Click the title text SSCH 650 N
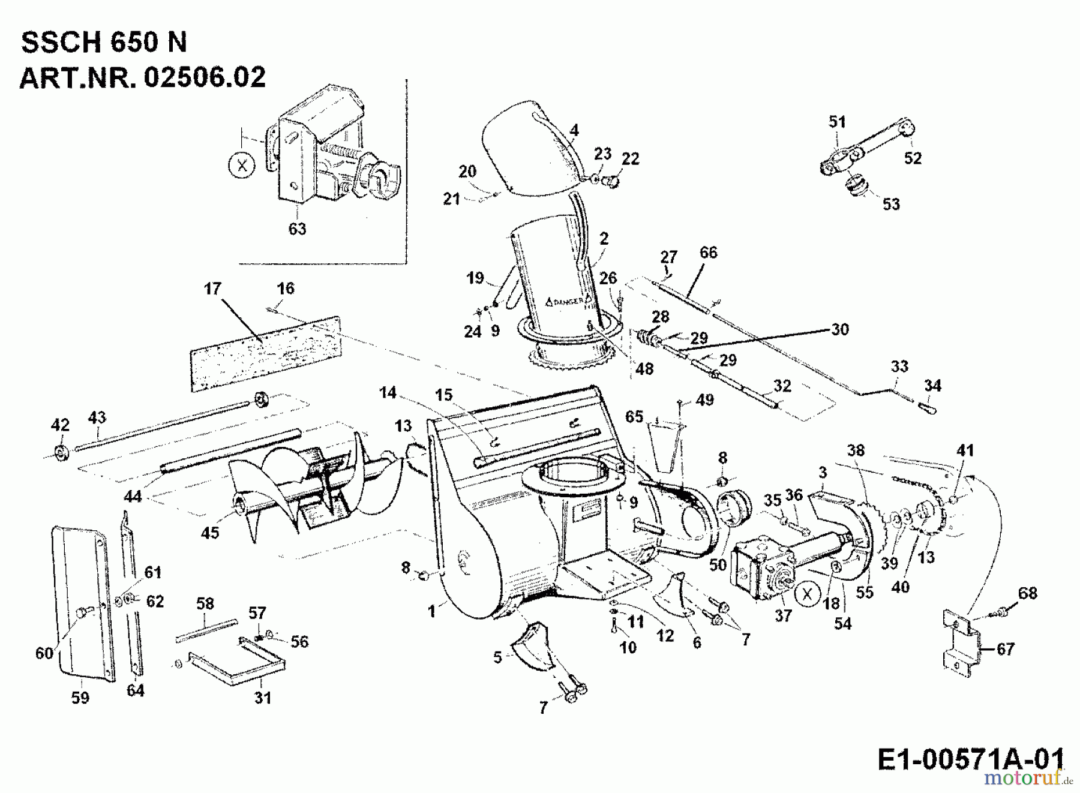(104, 43)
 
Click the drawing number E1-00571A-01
(970, 759)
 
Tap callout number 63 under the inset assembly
(297, 229)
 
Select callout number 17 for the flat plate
(212, 289)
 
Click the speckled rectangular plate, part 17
(265, 354)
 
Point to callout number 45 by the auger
(210, 532)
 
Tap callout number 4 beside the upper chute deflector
(574, 130)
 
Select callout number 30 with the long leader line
(839, 329)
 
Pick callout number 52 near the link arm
(913, 158)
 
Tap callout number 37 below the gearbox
(782, 615)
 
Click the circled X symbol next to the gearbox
(808, 594)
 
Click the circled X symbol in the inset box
(242, 166)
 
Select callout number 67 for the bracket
(1005, 648)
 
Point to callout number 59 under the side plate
(80, 697)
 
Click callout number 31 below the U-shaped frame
(263, 697)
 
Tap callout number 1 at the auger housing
(431, 611)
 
